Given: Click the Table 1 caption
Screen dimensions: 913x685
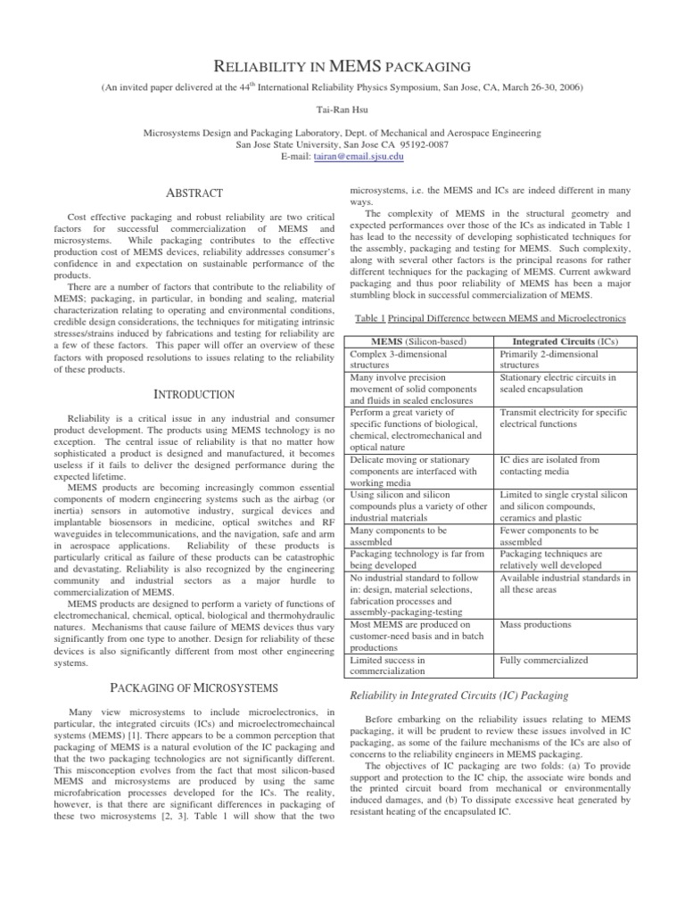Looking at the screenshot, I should (x=491, y=318).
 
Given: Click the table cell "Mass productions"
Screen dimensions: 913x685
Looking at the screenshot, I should (x=536, y=625).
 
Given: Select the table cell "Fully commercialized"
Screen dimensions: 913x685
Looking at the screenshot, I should (x=543, y=660).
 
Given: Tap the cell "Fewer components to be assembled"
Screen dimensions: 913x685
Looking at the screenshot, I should (x=546, y=535).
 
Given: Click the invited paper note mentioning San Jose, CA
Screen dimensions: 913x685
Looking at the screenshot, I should (x=342, y=87).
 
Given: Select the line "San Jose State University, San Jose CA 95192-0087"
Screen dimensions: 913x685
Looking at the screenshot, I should (x=342, y=144).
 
